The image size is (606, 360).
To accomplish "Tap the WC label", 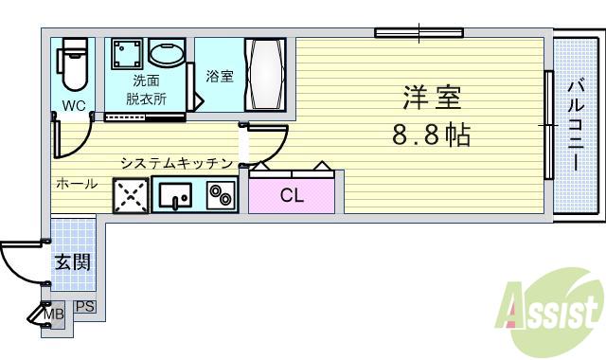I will [74, 104].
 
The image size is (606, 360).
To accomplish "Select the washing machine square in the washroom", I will [126, 56].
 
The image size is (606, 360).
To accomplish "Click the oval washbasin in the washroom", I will [169, 54].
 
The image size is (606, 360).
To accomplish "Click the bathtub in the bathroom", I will [264, 76].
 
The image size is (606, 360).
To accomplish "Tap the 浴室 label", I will [220, 76].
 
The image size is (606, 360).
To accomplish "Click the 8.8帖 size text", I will [431, 135].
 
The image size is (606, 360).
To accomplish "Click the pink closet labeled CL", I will [292, 196].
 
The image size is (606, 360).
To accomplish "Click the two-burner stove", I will [222, 196].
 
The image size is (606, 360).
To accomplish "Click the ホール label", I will [76, 184].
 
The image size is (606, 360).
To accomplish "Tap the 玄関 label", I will [72, 261].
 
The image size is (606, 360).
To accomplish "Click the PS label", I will [84, 306].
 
